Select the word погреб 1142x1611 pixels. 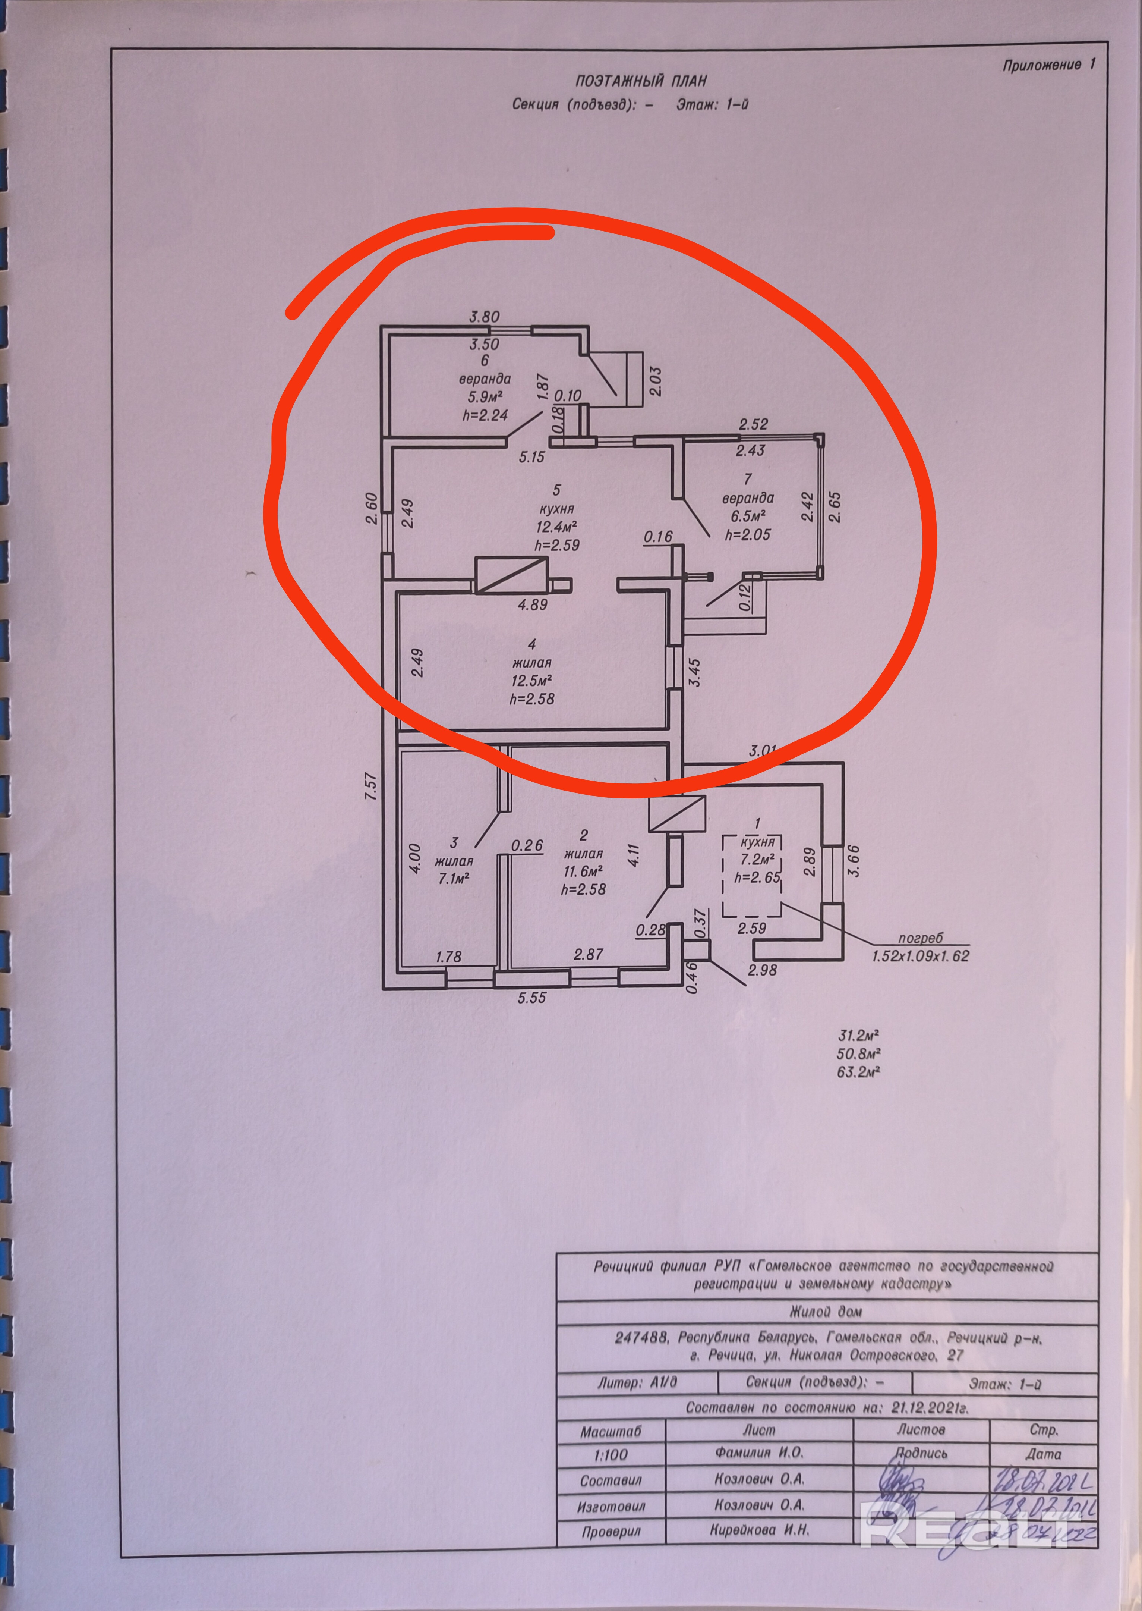tap(920, 938)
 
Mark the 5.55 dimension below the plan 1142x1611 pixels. tap(531, 997)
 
